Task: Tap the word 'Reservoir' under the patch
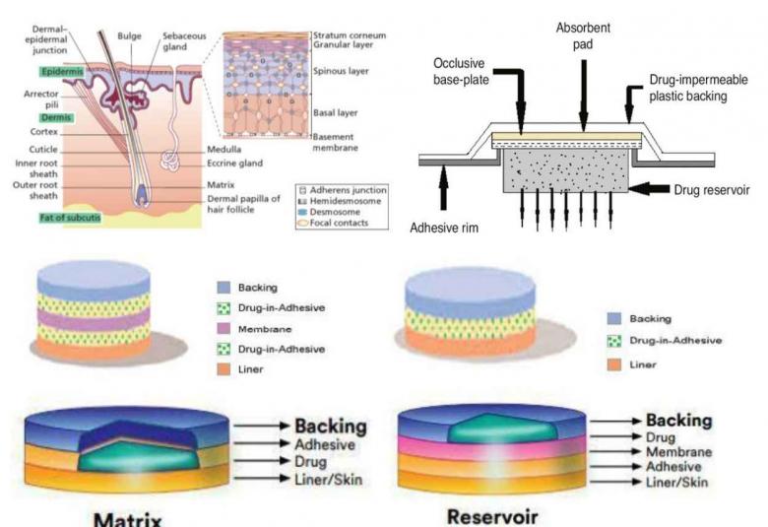493,515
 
